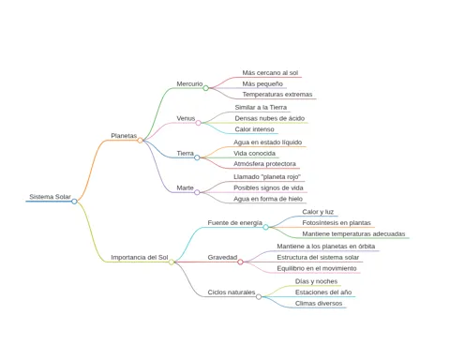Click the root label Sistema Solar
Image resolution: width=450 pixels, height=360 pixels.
(50, 197)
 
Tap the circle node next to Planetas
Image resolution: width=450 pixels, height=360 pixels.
(140, 141)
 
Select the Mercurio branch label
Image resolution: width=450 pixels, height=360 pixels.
(189, 83)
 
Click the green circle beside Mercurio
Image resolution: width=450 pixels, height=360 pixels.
(205, 88)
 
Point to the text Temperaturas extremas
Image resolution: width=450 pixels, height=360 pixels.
(277, 95)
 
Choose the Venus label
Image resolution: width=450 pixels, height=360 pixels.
(186, 118)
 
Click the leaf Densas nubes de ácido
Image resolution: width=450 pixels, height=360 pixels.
(270, 118)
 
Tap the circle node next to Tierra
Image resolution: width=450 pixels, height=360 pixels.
(197, 157)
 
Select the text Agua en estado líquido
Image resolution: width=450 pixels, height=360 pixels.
(268, 142)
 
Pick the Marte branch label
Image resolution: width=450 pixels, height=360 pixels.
(185, 187)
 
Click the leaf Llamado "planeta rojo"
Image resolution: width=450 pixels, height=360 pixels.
(267, 177)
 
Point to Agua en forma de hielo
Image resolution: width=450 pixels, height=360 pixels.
(268, 199)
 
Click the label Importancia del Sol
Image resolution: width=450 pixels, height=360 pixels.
(140, 258)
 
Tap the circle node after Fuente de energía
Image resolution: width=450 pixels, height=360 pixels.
(265, 227)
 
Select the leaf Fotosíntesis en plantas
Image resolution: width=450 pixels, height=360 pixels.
(337, 223)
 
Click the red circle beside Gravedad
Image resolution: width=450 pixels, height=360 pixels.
(240, 262)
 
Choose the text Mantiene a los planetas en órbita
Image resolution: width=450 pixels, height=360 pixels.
(326, 247)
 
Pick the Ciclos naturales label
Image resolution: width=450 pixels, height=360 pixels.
(232, 292)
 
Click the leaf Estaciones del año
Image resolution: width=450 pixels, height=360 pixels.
(323, 292)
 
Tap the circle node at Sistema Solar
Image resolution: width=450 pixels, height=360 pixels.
(74, 202)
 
